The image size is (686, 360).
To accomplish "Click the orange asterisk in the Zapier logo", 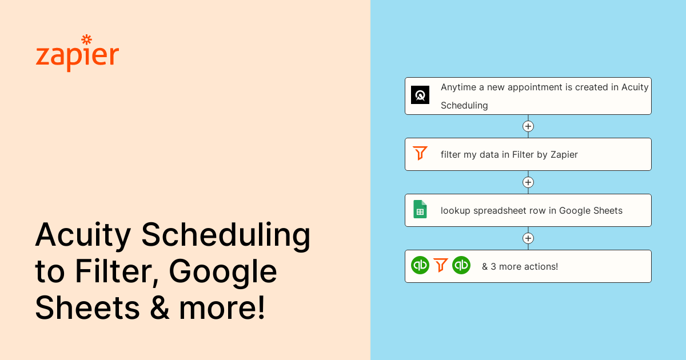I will [x=86, y=39].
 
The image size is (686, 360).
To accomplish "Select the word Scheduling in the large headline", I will [x=226, y=235].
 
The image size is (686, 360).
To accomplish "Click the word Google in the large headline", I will [x=224, y=272].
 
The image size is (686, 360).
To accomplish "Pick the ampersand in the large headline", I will [x=159, y=307].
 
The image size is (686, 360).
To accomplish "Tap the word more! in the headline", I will [x=223, y=307].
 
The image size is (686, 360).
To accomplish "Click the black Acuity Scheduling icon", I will [x=420, y=95].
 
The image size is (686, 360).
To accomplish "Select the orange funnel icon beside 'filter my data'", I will [x=420, y=153].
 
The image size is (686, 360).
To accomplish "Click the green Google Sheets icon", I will [x=420, y=209].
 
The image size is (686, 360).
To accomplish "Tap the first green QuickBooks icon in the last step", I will [x=420, y=265].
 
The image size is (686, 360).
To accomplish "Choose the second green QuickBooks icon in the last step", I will [x=461, y=265].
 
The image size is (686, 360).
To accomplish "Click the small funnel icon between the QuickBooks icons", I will [x=441, y=265].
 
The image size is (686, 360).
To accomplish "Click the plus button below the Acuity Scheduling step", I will [x=528, y=126].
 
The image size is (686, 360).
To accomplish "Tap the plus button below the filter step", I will [x=528, y=182].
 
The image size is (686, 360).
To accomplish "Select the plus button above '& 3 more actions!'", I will [x=528, y=238].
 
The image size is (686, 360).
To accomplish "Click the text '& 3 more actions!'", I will [x=520, y=266].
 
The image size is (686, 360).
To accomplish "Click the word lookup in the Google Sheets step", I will [x=456, y=210].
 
